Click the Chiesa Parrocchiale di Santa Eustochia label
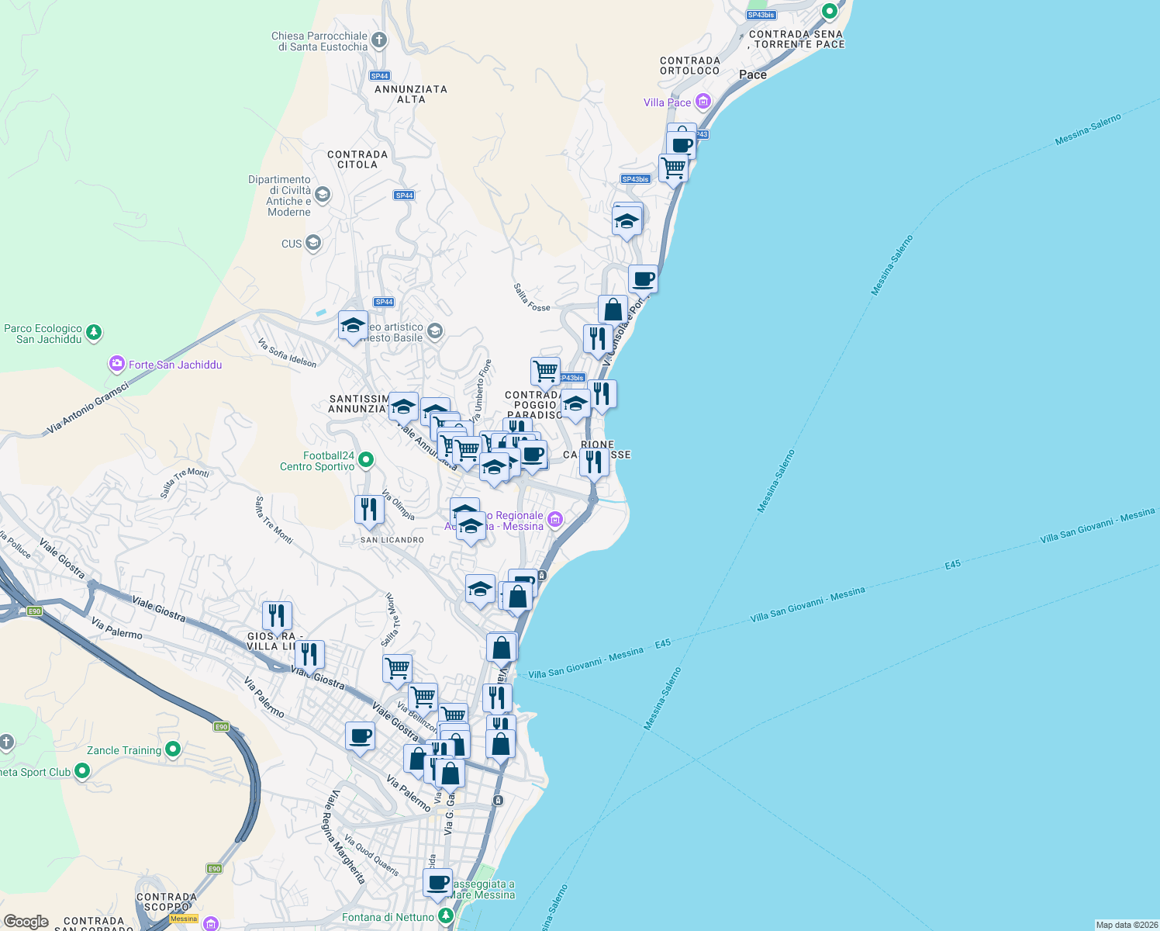[319, 41]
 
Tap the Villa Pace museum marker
[703, 102]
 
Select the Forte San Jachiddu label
[175, 365]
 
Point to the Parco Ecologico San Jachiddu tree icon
[94, 333]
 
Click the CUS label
[292, 244]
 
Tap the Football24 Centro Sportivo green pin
[366, 460]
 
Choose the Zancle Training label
[124, 750]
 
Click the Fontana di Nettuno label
[388, 917]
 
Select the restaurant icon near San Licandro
[369, 510]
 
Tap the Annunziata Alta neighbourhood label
[411, 94]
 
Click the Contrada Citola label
[357, 159]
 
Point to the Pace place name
[753, 74]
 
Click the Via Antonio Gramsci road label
[87, 407]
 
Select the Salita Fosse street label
[531, 297]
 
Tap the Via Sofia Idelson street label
[287, 352]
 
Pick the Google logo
[26, 922]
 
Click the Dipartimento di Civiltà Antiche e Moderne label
[279, 196]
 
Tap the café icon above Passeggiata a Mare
[438, 882]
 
